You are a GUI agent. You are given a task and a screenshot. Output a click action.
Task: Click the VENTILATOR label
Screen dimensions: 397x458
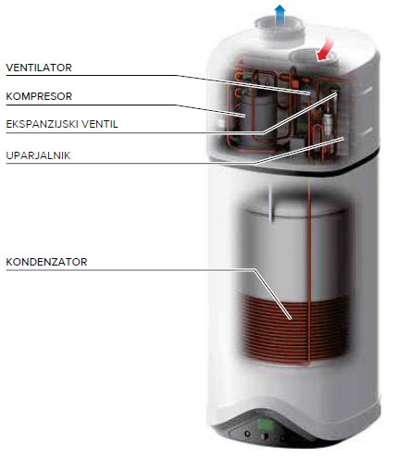[x=39, y=68]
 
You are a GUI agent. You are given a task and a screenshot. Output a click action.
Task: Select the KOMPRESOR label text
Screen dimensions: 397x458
[x=39, y=96]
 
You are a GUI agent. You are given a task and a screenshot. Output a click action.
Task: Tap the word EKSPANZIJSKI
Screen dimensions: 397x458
[x=42, y=124]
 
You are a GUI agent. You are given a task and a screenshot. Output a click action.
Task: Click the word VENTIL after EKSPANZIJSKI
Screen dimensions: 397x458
[x=100, y=124]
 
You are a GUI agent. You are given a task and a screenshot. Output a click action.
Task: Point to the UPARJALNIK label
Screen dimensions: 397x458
[x=38, y=155]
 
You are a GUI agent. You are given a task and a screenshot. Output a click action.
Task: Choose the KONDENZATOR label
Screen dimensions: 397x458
[x=46, y=262]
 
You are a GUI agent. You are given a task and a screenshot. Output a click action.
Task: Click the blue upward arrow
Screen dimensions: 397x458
[x=279, y=15]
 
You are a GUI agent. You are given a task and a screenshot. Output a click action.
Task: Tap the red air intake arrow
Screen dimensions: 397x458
[x=325, y=50]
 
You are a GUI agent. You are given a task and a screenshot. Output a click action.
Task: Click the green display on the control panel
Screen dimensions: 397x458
[x=266, y=424]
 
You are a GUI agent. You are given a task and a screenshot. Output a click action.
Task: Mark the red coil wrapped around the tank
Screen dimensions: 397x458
[x=295, y=329]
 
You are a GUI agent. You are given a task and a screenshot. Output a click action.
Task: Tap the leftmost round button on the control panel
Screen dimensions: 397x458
[x=247, y=434]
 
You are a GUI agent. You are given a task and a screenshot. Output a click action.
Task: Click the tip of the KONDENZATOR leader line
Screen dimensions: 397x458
[x=291, y=319]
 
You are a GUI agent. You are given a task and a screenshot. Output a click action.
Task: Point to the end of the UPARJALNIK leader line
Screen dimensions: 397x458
[x=342, y=139]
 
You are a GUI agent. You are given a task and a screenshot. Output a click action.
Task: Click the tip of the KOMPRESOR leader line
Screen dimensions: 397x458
[x=244, y=116]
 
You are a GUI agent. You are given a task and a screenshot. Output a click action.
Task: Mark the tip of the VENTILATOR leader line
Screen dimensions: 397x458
[x=308, y=93]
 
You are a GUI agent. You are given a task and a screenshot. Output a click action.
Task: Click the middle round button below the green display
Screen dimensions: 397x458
[x=265, y=437]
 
